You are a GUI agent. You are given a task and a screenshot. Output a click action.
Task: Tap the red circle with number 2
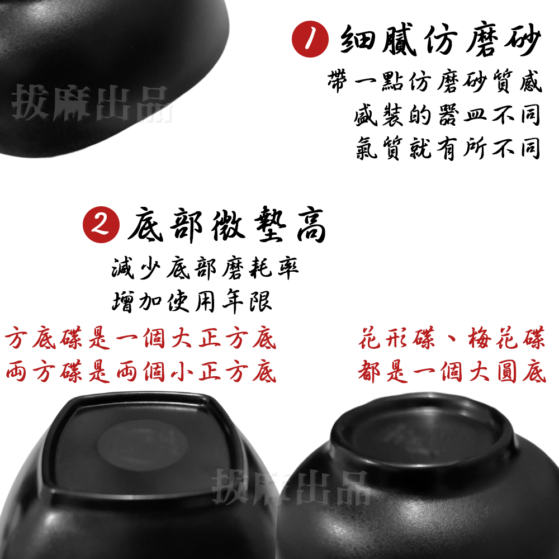click(x=102, y=226)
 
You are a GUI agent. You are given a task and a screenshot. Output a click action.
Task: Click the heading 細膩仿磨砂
click(x=441, y=40)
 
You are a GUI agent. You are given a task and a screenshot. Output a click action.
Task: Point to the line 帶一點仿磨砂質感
click(x=434, y=83)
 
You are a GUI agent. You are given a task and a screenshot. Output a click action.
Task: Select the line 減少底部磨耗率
click(x=205, y=269)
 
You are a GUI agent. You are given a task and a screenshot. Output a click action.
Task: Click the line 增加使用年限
click(x=192, y=302)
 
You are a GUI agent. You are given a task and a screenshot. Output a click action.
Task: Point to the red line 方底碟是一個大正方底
click(x=140, y=339)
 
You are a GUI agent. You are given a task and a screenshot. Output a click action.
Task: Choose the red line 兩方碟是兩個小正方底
click(x=141, y=372)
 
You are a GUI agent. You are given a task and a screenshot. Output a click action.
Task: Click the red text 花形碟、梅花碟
click(x=451, y=339)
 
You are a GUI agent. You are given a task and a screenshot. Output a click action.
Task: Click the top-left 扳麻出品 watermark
click(x=92, y=103)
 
